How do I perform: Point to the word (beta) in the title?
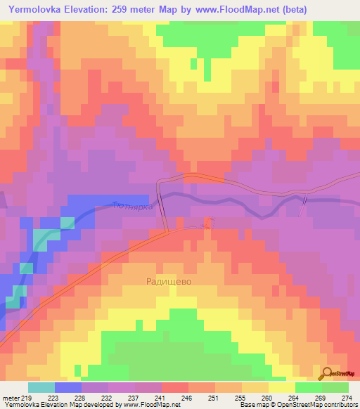pyautogui.click(x=294, y=8)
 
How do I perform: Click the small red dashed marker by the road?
pyautogui.click(x=207, y=223)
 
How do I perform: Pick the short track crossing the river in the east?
pyautogui.click(x=304, y=206)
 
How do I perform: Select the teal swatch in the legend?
pyautogui.click(x=41, y=387)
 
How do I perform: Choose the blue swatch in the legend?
pyautogui.click(x=68, y=387)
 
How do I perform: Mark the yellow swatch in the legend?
pyautogui.click(x=281, y=387)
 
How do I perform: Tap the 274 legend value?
pyautogui.click(x=346, y=398)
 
